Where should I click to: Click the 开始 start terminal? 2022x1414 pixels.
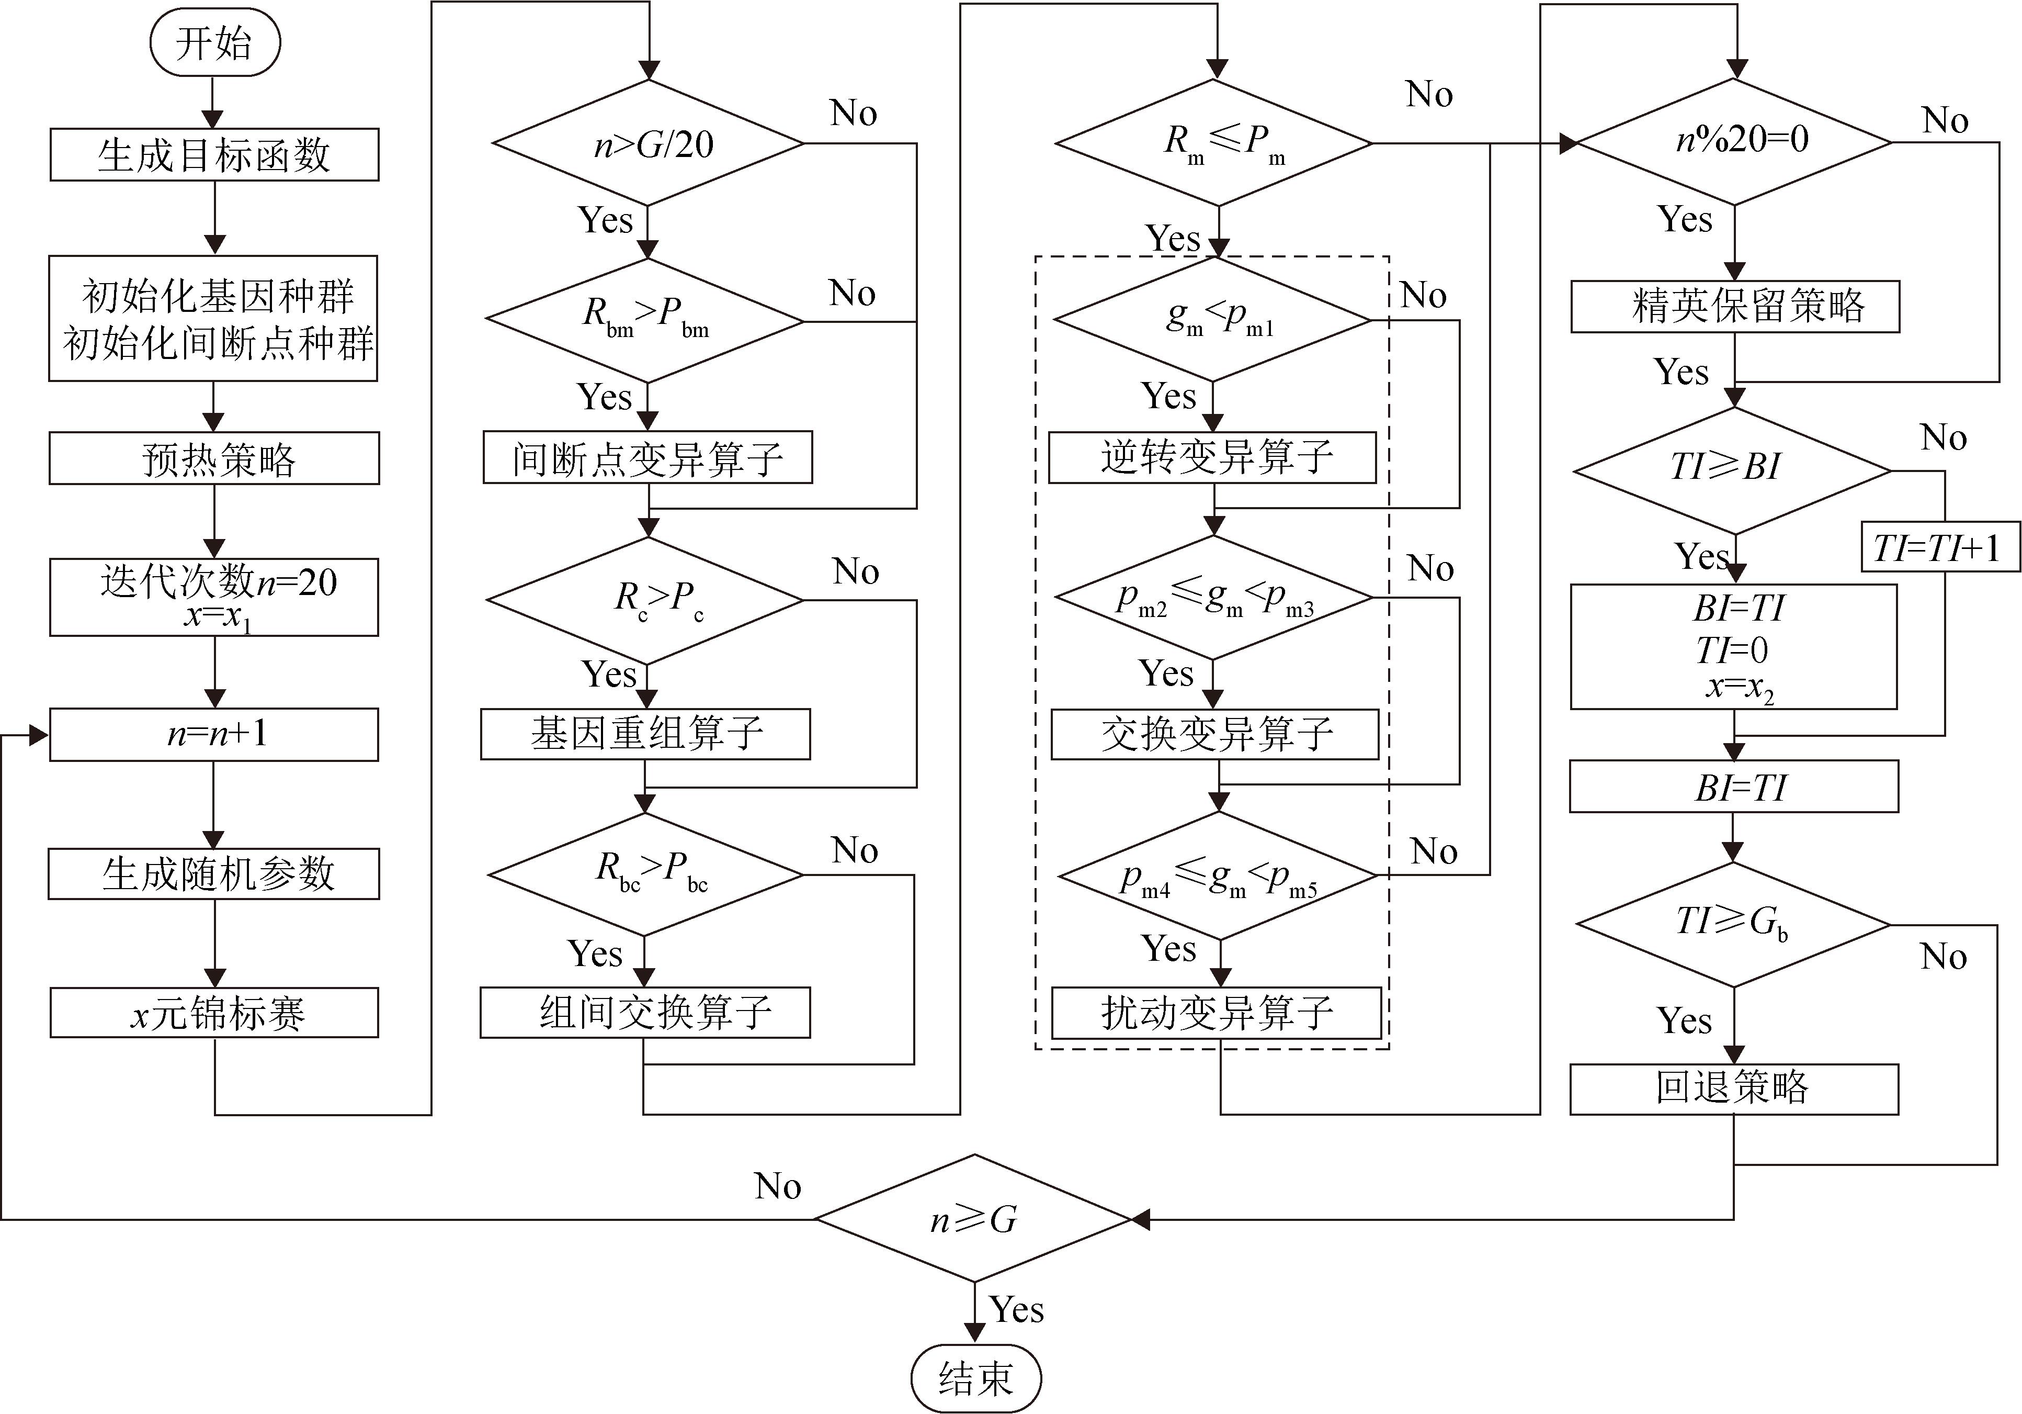(215, 42)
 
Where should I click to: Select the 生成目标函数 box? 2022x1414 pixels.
(214, 155)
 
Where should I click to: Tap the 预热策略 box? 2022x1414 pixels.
(214, 458)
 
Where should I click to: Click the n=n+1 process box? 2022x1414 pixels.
(214, 734)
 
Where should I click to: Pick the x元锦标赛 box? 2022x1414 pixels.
(214, 1013)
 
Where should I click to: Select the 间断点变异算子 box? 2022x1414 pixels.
(648, 457)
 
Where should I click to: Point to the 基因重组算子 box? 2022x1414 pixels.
(645, 734)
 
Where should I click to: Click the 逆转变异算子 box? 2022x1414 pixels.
(1213, 457)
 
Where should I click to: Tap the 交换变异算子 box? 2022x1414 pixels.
(1216, 734)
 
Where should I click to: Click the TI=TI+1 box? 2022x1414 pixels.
(1940, 547)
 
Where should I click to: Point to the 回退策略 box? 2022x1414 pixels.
(1734, 1089)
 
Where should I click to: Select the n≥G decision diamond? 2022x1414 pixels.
(974, 1219)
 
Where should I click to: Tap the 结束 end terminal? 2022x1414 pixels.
(976, 1377)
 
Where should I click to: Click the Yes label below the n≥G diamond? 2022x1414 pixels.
(1016, 1310)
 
